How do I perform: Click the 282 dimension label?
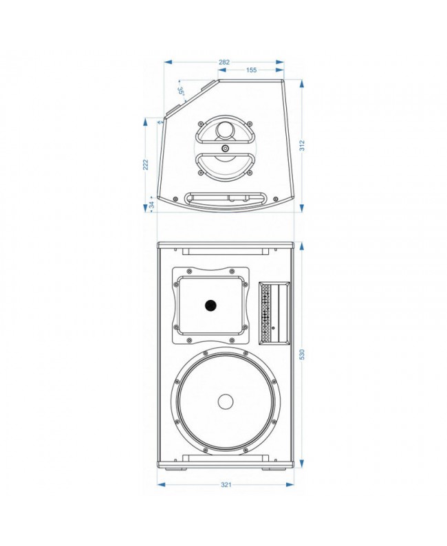224,63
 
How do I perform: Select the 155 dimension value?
251,70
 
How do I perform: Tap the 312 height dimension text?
302,145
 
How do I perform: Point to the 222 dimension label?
146,164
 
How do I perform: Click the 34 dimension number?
152,205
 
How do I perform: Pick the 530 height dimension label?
302,354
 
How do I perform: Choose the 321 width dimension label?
226,484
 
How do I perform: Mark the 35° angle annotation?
181,91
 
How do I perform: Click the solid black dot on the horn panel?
210,305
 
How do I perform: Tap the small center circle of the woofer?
226,402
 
